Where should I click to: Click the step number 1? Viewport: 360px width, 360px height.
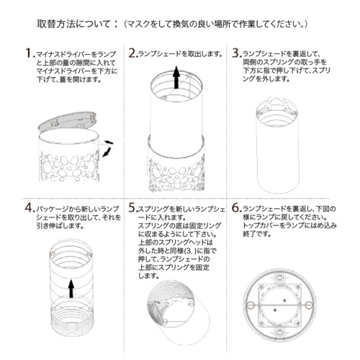tap(30, 53)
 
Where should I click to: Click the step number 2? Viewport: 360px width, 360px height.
tap(133, 53)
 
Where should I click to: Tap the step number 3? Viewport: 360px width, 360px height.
tap(237, 53)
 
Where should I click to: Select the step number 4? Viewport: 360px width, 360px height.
tap(30, 208)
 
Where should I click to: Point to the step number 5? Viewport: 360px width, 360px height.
tap(132, 208)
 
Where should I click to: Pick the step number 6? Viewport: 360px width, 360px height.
tap(236, 208)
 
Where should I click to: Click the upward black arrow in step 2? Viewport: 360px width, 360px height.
tap(176, 77)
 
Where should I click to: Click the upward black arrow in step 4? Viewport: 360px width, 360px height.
tap(71, 288)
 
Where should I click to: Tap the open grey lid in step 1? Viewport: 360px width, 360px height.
tap(68, 122)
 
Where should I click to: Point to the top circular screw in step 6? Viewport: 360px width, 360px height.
tap(279, 278)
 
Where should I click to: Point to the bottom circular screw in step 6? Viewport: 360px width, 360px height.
tap(279, 333)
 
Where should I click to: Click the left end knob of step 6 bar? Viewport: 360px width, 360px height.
tap(251, 305)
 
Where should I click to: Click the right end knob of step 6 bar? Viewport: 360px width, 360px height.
tap(307, 305)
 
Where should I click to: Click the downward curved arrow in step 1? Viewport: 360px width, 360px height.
tap(107, 153)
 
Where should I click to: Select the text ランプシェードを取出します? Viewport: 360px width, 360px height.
tap(179, 54)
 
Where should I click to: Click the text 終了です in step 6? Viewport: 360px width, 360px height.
tap(257, 233)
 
